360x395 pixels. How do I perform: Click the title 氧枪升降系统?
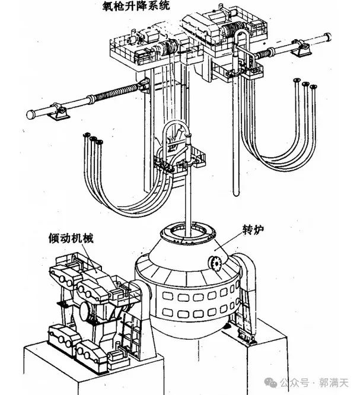pos(136,5)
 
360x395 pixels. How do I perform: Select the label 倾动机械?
pos(71,238)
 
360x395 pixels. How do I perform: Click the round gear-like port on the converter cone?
pos(214,263)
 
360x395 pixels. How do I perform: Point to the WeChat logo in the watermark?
pos(271,383)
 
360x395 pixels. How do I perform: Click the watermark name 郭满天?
pos(334,383)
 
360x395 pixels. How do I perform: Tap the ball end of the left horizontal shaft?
pos(31,114)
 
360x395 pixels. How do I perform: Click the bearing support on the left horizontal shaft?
pos(59,112)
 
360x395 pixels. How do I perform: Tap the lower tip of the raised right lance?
pos(236,194)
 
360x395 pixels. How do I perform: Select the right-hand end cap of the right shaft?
pos(327,37)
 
